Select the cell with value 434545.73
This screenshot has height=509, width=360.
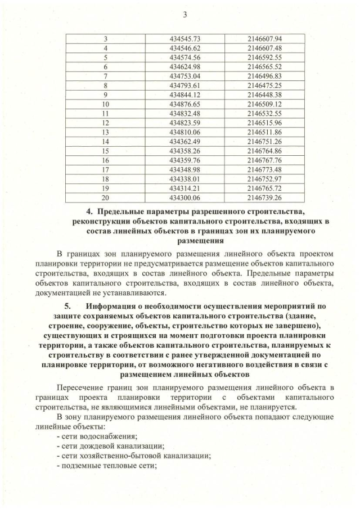185,39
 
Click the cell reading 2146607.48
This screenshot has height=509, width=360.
264,48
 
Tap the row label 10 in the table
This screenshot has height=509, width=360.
106,104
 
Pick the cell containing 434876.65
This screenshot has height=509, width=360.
185,104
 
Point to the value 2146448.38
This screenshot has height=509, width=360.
264,94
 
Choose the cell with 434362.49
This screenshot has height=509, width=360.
185,141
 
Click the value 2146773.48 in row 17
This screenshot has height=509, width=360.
264,169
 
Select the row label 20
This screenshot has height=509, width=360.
106,197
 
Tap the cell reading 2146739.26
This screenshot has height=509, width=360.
264,197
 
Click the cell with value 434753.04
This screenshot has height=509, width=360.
185,76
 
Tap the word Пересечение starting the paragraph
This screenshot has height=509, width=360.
83,388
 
